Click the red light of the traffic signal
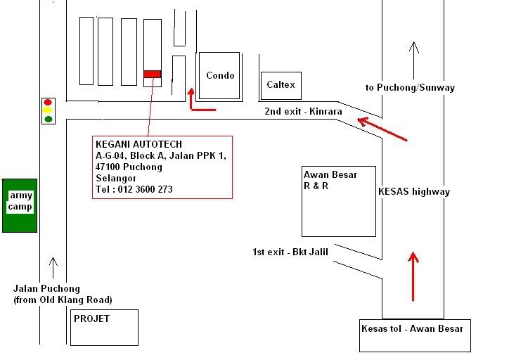point(48,103)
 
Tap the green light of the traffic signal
point(48,119)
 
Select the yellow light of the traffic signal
point(48,110)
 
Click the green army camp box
point(20,205)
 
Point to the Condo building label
point(220,76)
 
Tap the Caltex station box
point(281,85)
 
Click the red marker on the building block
point(152,74)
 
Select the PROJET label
point(91,319)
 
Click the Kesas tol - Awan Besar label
point(412,328)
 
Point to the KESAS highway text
point(413,191)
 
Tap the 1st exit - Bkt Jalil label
point(290,251)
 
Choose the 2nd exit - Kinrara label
point(303,111)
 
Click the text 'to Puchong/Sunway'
point(410,87)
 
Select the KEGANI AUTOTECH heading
point(138,144)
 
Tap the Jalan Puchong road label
point(47,288)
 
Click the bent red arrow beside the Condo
point(197,102)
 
